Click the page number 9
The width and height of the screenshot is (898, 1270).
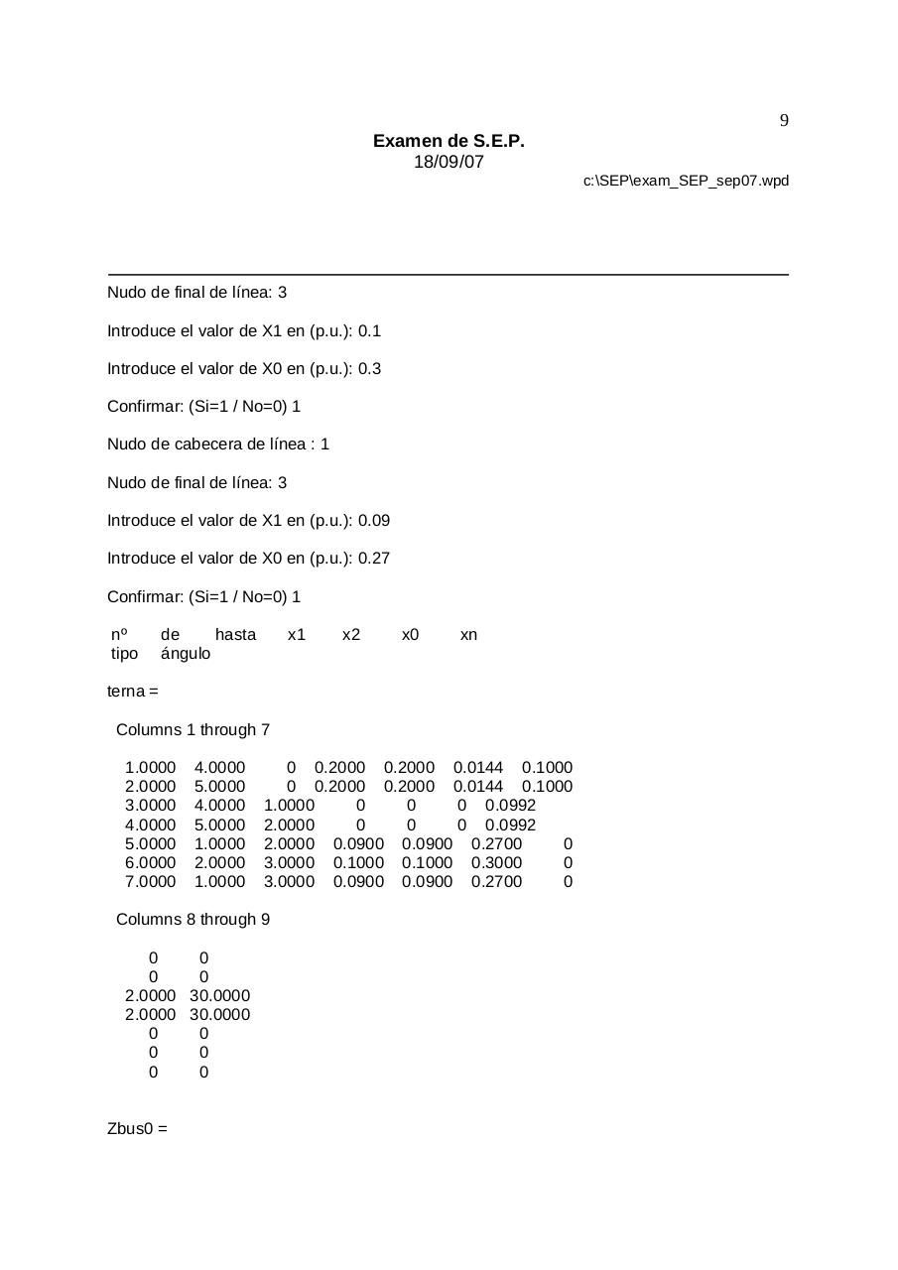pos(784,121)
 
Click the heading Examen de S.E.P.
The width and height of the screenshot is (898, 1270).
pos(449,142)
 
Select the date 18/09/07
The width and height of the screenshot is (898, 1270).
pos(449,163)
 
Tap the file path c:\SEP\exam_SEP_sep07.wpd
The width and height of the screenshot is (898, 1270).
pos(686,181)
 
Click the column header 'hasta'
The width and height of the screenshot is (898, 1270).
pos(235,635)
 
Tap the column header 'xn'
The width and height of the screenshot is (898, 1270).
pos(468,635)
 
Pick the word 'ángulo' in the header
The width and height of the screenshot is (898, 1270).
pos(185,654)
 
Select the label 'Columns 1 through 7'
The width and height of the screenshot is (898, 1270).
pos(192,730)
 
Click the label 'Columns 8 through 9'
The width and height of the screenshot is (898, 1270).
pos(192,920)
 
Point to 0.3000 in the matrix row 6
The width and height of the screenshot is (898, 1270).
pos(496,863)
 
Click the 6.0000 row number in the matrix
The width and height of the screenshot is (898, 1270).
pos(150,863)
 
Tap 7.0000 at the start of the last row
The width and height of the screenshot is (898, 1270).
pos(150,882)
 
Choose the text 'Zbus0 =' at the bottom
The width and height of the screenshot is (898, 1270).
pos(137,1129)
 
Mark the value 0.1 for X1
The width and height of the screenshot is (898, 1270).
pos(369,331)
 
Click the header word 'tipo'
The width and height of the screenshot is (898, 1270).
pos(124,654)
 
